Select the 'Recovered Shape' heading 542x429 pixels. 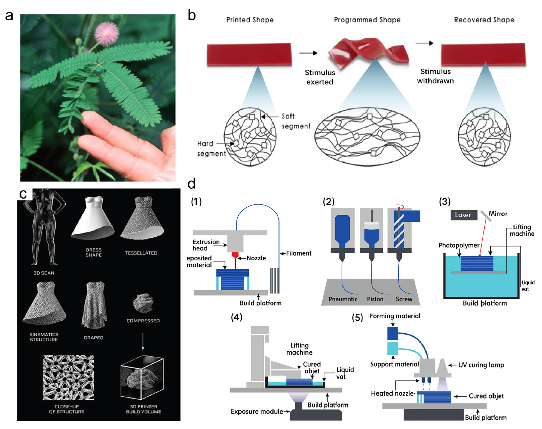point(484,20)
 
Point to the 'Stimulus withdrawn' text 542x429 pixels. point(435,76)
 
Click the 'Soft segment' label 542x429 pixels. point(296,121)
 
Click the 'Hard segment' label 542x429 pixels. point(211,148)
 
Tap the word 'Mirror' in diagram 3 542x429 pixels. point(498,214)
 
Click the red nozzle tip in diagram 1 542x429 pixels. point(235,255)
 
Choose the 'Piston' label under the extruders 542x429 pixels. point(375,299)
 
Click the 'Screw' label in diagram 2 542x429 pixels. point(404,299)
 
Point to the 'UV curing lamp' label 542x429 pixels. point(481,365)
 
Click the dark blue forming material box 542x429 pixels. point(393,333)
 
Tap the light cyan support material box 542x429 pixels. point(393,348)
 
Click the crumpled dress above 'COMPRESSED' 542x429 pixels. point(143,303)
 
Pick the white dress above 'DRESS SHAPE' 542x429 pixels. point(94,219)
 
